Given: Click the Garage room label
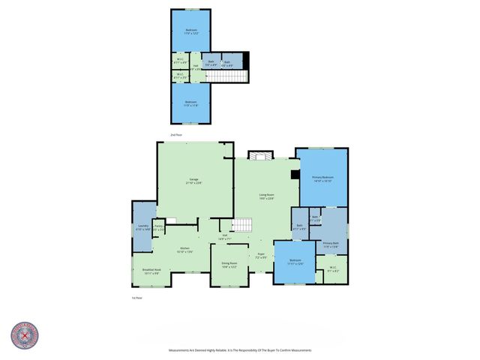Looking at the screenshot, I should [193, 181].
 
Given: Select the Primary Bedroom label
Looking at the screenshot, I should [322, 178].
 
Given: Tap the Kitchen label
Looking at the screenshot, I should [184, 250].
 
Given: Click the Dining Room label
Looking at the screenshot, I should [229, 265].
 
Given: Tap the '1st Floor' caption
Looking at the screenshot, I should [136, 298].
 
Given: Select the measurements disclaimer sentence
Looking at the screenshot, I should [240, 350].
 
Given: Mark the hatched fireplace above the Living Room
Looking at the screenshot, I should [257, 154].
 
